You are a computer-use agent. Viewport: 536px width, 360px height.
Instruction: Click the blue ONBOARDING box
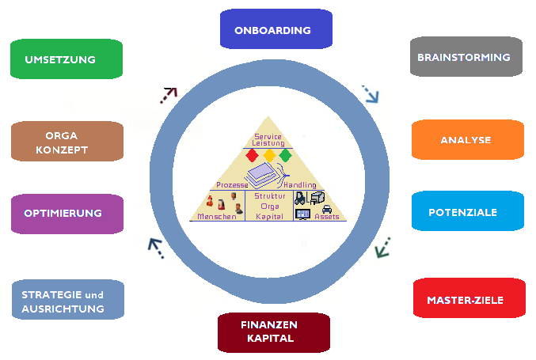276,29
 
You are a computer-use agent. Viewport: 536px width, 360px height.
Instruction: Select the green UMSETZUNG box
67,59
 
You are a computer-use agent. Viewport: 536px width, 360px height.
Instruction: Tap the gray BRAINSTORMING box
466,56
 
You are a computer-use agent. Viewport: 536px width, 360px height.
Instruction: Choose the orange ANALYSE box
468,139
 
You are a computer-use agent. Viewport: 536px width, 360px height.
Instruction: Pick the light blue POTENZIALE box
468,210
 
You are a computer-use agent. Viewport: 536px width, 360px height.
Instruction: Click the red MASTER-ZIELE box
469,297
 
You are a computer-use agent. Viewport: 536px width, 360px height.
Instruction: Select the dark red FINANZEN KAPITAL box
274,332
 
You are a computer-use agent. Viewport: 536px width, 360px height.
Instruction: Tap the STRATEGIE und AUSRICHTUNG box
68,300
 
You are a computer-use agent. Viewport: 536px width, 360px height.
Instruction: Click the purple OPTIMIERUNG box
67,214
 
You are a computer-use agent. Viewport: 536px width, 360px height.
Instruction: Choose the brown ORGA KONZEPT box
67,141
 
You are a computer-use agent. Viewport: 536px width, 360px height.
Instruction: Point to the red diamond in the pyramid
252,155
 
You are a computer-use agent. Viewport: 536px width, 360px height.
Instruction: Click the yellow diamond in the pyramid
269,155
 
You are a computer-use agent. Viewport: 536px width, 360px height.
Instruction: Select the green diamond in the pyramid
286,155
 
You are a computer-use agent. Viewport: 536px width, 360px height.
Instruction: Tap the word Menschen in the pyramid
217,217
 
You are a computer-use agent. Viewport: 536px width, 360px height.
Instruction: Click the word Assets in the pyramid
327,217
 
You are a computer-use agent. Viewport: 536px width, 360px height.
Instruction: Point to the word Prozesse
232,185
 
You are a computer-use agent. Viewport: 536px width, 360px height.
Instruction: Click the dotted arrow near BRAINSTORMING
371,94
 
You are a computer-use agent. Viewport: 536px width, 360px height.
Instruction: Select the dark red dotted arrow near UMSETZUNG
169,95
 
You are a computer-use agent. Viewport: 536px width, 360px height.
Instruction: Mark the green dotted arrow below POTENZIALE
382,248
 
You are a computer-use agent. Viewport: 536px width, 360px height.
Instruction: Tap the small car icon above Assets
327,209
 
